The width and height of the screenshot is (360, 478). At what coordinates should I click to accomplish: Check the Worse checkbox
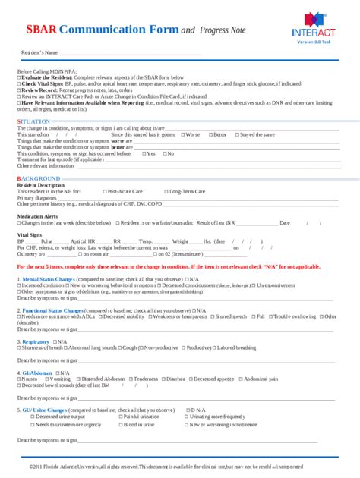point(182,134)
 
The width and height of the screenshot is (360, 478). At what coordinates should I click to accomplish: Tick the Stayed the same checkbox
point(235,134)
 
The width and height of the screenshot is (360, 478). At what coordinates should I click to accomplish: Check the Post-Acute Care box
point(105,192)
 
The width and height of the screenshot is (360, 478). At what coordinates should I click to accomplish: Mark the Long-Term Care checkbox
point(166,192)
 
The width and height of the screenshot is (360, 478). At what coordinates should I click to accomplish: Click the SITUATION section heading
point(33,121)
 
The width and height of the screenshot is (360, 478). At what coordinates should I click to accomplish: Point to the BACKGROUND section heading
point(38,178)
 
